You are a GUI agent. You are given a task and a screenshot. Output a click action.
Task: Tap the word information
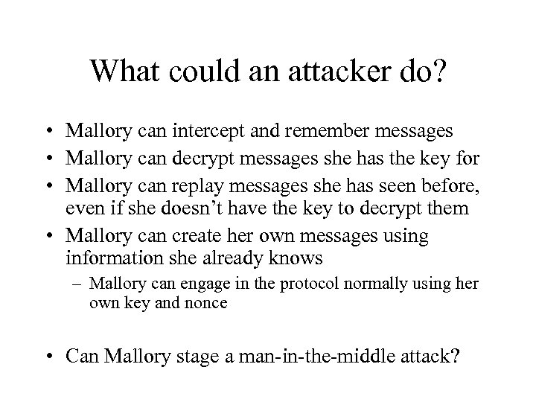tap(112, 258)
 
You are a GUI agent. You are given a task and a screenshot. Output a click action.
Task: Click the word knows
tap(296, 258)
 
